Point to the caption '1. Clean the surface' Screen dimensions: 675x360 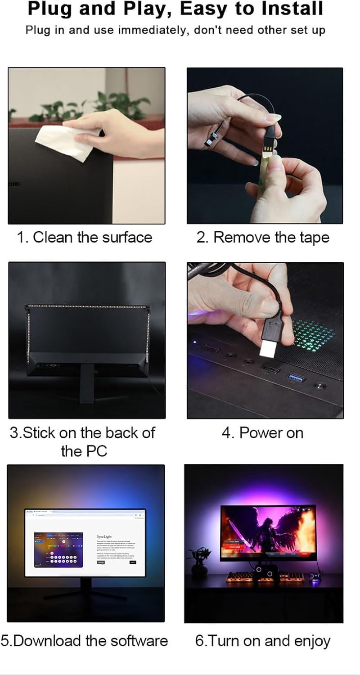click(x=85, y=237)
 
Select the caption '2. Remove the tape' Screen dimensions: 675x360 click(x=263, y=237)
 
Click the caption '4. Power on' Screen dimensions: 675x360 click(x=263, y=433)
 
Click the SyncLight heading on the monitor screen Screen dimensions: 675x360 click(x=104, y=537)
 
